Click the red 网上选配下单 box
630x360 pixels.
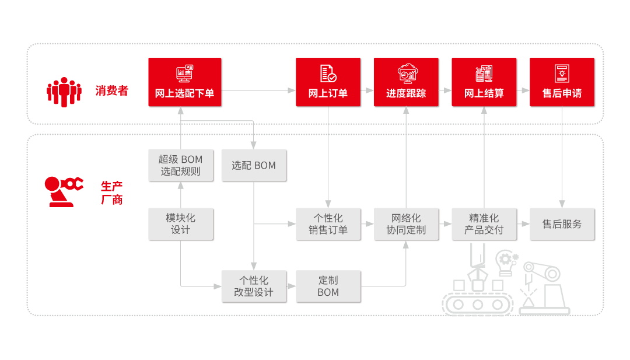(x=184, y=82)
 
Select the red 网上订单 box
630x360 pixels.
(x=328, y=82)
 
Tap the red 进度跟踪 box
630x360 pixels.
(x=406, y=82)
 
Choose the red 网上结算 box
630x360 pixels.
(x=484, y=82)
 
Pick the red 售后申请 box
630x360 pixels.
(x=562, y=82)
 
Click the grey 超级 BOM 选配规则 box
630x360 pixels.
(x=181, y=165)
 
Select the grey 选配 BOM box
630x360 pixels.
(x=254, y=165)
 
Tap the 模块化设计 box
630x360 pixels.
(x=181, y=224)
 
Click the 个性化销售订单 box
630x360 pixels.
(x=328, y=224)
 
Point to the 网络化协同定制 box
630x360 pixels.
(x=406, y=224)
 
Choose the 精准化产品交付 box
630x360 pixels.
(x=484, y=224)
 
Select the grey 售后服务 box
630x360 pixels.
(x=562, y=224)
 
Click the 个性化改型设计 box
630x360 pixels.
(x=254, y=286)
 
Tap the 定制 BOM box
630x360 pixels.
(x=328, y=286)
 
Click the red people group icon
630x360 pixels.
(x=64, y=91)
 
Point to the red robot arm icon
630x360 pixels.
(x=64, y=191)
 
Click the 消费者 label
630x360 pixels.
(x=111, y=91)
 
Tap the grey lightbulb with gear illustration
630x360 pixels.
(x=506, y=261)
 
